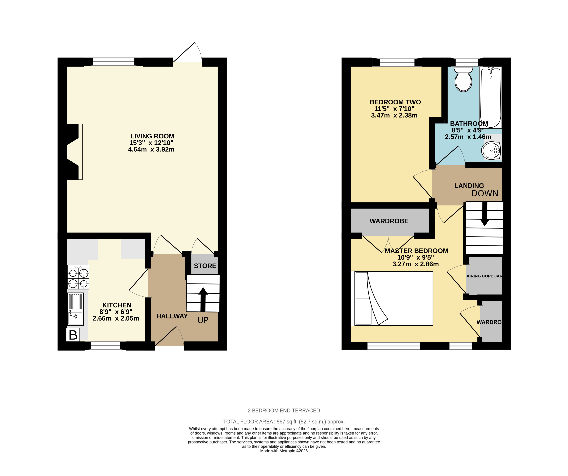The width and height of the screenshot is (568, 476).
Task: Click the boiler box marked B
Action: pyautogui.click(x=73, y=335)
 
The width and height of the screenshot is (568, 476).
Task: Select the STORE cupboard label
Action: pyautogui.click(x=205, y=266)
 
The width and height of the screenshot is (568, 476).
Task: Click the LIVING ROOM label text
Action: pyautogui.click(x=152, y=136)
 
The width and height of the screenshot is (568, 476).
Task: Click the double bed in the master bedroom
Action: pyautogui.click(x=392, y=298)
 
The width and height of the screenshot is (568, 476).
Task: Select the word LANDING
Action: pyautogui.click(x=469, y=186)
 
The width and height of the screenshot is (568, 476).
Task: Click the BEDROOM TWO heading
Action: pyautogui.click(x=395, y=102)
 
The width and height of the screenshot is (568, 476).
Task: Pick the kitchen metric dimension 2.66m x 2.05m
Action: pyautogui.click(x=116, y=318)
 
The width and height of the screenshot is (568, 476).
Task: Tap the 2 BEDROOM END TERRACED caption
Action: pyautogui.click(x=284, y=411)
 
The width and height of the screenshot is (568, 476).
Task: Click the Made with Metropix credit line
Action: pyautogui.click(x=284, y=451)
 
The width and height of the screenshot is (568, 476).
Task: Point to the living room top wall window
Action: pyautogui.click(x=114, y=62)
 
